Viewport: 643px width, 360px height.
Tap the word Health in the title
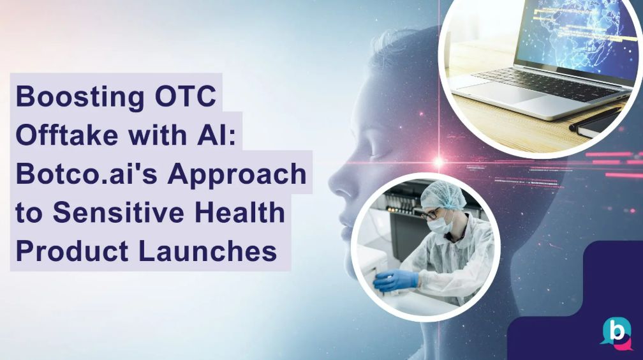242,213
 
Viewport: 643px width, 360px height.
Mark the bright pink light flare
439,161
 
